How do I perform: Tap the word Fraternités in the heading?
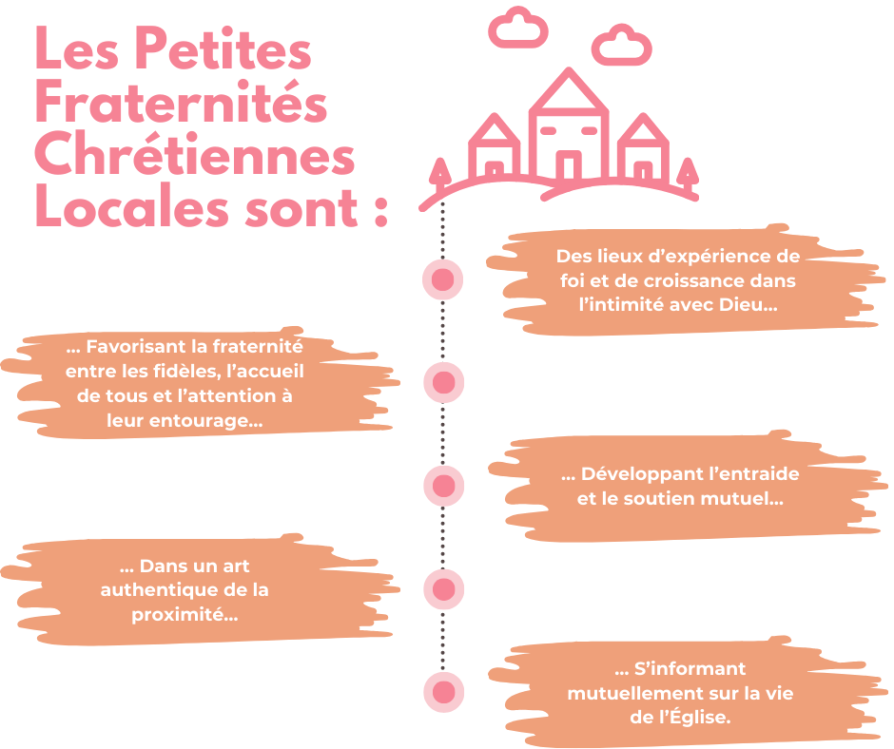181,105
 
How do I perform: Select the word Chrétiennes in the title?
195,156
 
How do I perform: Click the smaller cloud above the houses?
517,29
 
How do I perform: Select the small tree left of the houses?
439,172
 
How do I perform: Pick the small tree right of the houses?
688,171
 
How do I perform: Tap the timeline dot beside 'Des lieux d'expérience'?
442,279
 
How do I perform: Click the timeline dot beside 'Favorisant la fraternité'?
442,382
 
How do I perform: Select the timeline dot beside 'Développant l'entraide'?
442,485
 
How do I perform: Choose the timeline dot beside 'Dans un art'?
442,588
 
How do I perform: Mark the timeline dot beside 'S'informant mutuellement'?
442,691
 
